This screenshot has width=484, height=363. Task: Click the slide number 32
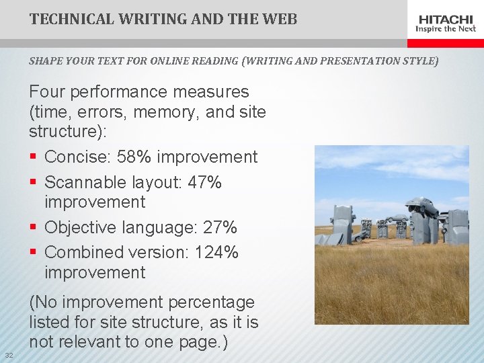coord(9,355)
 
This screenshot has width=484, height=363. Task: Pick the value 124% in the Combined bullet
coord(216,253)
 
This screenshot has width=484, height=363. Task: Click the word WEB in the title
coord(277,19)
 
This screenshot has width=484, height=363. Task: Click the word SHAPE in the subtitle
coord(43,61)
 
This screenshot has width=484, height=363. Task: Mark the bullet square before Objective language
coord(33,228)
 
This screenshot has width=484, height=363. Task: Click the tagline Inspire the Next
coord(446,29)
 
